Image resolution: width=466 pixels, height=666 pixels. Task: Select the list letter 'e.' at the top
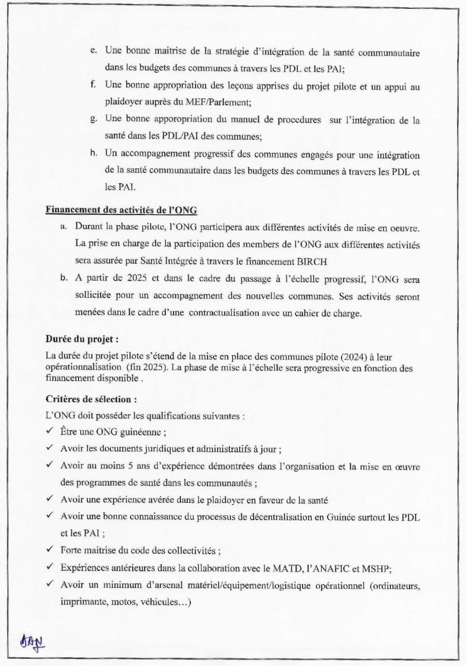[94, 51]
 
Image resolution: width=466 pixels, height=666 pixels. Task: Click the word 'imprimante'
[80, 602]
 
